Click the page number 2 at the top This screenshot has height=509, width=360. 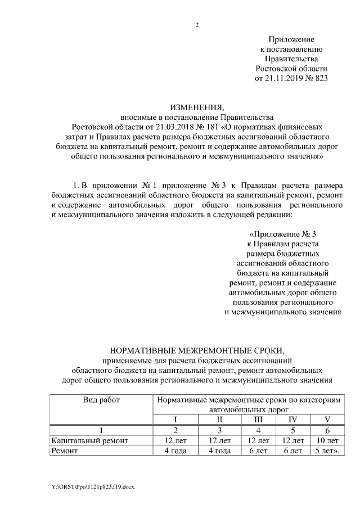(x=197, y=25)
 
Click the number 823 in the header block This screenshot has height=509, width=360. (x=319, y=78)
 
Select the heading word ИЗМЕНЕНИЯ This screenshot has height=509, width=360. (x=193, y=107)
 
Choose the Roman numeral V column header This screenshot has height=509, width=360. (x=326, y=419)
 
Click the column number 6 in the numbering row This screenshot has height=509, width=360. (x=326, y=430)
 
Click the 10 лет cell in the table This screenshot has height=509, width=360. (x=326, y=440)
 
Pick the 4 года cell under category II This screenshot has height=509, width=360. (x=219, y=451)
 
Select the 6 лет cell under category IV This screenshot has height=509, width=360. (x=292, y=451)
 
